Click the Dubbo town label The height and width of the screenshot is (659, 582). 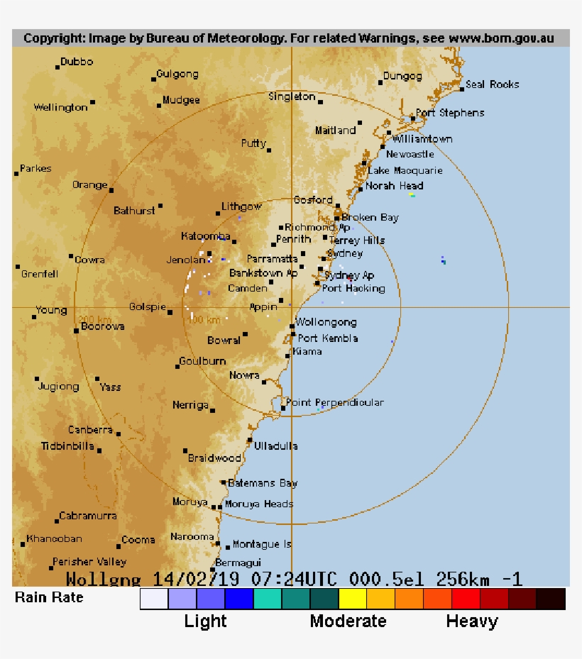tap(77, 62)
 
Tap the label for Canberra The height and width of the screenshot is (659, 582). tap(90, 430)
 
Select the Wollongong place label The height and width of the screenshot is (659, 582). tap(326, 323)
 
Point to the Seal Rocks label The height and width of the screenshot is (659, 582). tap(493, 84)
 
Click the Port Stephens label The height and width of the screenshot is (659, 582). tap(450, 113)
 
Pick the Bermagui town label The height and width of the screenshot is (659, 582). tap(234, 562)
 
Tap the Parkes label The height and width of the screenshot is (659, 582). tap(35, 169)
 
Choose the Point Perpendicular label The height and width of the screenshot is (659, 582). tap(334, 403)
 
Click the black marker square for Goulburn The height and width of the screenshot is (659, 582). tap(178, 366)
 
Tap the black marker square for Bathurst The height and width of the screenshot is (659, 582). tap(160, 206)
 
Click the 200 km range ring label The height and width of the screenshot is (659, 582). tap(94, 320)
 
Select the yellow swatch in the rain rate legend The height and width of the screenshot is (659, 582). tap(353, 599)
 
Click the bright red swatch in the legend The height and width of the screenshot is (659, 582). tap(466, 599)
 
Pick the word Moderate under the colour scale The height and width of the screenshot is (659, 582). tap(348, 621)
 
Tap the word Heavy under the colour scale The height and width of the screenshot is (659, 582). tap(472, 621)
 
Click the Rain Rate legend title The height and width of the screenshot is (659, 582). tap(49, 597)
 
